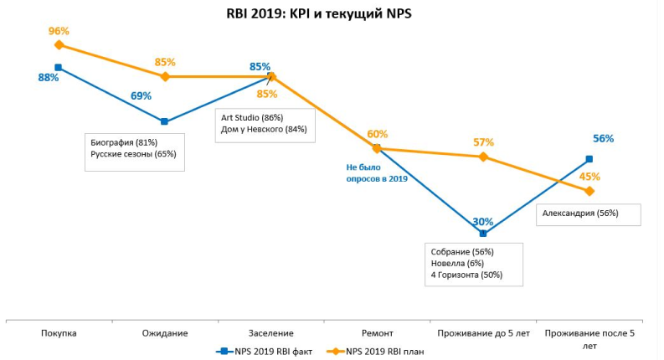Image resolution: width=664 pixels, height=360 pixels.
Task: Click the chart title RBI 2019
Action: point(318,14)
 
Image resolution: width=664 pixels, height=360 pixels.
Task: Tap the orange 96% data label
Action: point(59,31)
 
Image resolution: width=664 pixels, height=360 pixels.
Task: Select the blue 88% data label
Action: point(48,78)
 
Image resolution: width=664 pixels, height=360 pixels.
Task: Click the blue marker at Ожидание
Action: point(164,121)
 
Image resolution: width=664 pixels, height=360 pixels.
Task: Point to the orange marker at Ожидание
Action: point(165,76)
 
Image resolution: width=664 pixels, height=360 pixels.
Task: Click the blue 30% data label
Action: point(482,222)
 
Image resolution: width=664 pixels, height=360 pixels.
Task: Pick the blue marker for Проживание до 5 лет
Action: point(483,234)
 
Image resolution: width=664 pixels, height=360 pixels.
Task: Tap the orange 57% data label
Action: point(483,142)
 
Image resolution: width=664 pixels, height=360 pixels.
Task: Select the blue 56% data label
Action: point(603,139)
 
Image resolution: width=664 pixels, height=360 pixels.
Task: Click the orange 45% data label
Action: point(590,177)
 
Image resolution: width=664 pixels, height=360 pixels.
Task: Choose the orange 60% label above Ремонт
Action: point(377,134)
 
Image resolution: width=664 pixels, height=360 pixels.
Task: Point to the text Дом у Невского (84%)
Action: point(264,129)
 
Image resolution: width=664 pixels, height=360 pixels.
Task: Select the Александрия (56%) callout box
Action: point(588,213)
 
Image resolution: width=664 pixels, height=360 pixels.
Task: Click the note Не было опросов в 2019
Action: point(377,173)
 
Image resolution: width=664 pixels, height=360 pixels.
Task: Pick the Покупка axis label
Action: point(59,333)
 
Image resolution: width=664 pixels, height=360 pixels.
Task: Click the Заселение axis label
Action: point(270,333)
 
